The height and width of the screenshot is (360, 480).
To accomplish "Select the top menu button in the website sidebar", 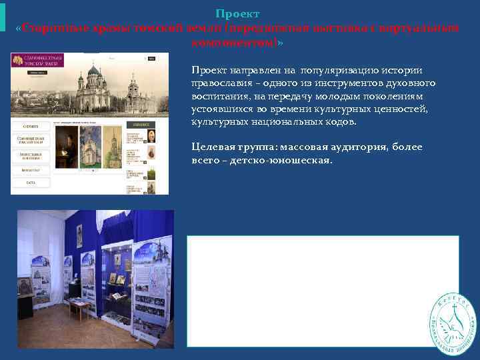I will (30, 126).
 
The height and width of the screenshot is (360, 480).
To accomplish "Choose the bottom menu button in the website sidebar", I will (30, 181).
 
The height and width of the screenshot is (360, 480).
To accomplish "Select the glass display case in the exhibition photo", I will (116, 273).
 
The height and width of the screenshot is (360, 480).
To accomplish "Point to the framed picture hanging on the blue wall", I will (79, 236).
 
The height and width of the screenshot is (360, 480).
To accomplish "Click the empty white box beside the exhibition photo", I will (323, 291).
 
